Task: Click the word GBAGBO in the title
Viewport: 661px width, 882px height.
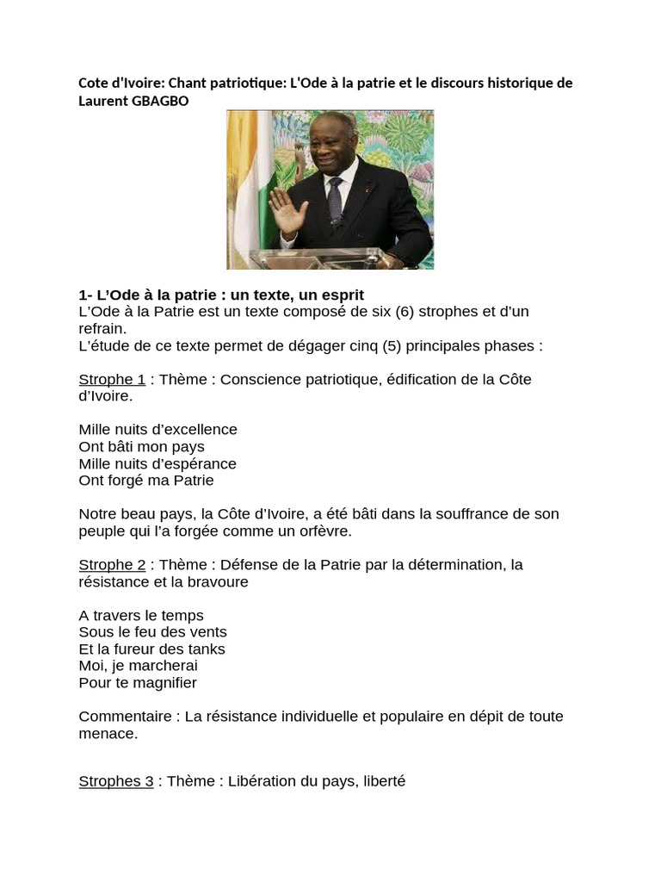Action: pos(158,101)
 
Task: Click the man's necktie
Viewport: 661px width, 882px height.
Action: pos(335,200)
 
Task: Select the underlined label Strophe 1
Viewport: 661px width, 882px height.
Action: pos(112,379)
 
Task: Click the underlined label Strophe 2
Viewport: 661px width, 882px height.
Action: pos(112,565)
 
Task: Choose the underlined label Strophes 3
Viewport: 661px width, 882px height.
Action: pos(116,781)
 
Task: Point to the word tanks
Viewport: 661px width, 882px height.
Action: pos(206,649)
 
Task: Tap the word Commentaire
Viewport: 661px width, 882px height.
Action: pos(120,717)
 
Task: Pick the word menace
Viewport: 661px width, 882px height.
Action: pos(107,734)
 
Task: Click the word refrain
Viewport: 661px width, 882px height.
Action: pos(102,328)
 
